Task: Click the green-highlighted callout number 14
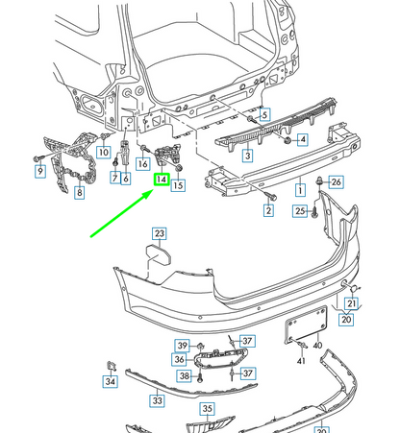coord(162,180)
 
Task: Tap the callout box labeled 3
coord(247,155)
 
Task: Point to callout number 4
coord(302,140)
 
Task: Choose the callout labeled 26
coord(336,181)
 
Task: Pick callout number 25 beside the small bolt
coord(300,210)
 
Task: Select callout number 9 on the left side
coord(40,172)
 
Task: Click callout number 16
coord(142,163)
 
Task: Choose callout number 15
coord(178,185)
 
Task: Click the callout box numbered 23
coord(159,233)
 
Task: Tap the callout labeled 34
coord(110,381)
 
